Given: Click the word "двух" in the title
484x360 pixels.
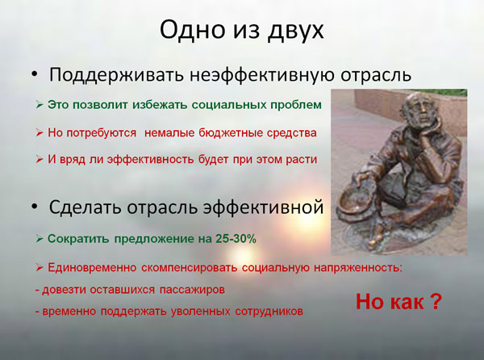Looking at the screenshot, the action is click(296, 30).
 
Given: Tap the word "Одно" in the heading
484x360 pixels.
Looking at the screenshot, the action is click(192, 29).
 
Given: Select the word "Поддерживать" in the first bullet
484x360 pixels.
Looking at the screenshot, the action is click(117, 75).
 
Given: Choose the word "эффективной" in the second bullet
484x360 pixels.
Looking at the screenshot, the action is click(263, 207).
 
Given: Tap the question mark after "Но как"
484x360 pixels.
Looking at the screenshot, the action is click(436, 302).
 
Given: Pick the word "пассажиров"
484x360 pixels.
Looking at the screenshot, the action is click(192, 290).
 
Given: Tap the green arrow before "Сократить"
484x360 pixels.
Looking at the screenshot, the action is click(40, 239).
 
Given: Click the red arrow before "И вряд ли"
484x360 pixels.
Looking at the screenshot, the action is click(40, 160).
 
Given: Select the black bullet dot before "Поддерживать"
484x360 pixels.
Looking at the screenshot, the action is click(34, 74).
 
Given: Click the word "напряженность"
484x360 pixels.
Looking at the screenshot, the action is click(358, 267).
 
